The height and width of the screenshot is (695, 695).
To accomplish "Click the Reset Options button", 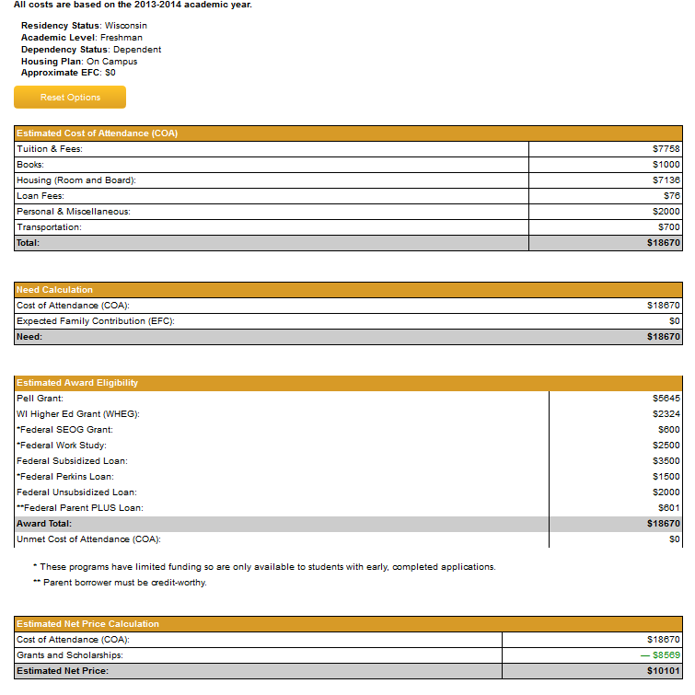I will click(x=70, y=98).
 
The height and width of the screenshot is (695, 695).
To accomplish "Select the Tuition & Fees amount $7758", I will click(x=666, y=149).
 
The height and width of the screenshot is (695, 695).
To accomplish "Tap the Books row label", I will click(x=30, y=165).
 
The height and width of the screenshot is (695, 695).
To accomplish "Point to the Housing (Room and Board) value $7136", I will click(x=666, y=180).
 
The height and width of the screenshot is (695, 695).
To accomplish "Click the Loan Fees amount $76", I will click(x=672, y=196).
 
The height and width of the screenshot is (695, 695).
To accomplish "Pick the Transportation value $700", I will click(x=669, y=227).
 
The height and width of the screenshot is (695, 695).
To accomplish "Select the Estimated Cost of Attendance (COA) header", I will click(x=97, y=133).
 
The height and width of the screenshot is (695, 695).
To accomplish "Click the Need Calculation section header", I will click(x=55, y=290).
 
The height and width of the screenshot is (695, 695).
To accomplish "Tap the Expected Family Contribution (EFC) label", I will click(x=96, y=321).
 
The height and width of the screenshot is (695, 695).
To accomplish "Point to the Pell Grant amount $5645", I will click(x=666, y=399).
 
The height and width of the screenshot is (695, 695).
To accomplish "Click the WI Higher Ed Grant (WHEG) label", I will click(x=76, y=414).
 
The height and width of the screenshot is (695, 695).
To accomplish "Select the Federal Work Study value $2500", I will click(x=666, y=446).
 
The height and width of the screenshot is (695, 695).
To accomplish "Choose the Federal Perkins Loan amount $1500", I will click(x=666, y=477).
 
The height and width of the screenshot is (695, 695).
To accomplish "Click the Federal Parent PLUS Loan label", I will click(x=80, y=508).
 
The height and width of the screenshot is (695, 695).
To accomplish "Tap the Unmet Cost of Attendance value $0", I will click(x=675, y=539).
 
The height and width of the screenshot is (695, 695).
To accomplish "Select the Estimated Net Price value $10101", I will click(x=664, y=671).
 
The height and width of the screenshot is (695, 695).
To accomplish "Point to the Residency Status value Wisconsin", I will click(x=125, y=26).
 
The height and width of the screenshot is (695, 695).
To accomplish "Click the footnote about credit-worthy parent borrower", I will click(x=120, y=583).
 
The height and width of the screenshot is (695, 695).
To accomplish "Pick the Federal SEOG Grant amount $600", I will click(x=669, y=430).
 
